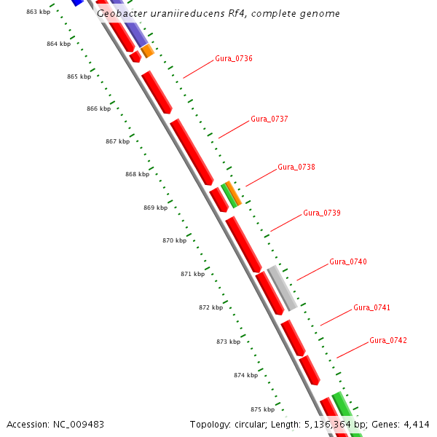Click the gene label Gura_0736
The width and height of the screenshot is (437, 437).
pyautogui.click(x=234, y=58)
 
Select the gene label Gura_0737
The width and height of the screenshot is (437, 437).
pyautogui.click(x=269, y=119)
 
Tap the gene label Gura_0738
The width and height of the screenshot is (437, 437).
pyautogui.click(x=296, y=167)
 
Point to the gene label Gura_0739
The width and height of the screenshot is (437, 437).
pyautogui.click(x=322, y=213)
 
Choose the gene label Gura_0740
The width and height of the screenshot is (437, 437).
pyautogui.click(x=348, y=261)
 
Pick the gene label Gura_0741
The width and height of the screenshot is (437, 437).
pyautogui.click(x=372, y=307)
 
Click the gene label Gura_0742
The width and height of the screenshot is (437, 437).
pyautogui.click(x=388, y=340)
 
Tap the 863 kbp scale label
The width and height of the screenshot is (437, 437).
pyautogui.click(x=38, y=12)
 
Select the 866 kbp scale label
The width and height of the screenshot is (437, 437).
pyautogui.click(x=98, y=109)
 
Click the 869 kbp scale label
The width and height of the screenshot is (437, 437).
pyautogui.click(x=155, y=208)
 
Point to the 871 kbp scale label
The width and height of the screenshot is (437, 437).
pyautogui.click(x=192, y=274)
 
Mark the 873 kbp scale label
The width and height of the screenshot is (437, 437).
pyautogui.click(x=228, y=342)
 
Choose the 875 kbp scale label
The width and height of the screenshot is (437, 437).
pyautogui.click(x=263, y=409)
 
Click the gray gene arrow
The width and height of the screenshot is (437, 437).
pyautogui.click(x=283, y=288)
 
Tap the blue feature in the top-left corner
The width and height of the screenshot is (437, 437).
pyautogui.click(x=76, y=2)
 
